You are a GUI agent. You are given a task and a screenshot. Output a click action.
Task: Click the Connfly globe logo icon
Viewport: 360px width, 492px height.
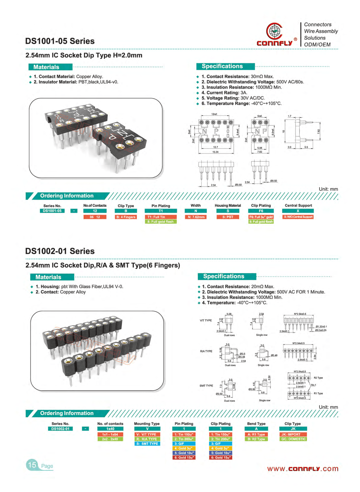point(274,31)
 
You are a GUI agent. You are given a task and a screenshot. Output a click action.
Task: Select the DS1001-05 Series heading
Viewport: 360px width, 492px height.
point(60,41)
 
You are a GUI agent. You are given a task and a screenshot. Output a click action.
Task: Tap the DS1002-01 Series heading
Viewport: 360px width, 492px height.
point(60,251)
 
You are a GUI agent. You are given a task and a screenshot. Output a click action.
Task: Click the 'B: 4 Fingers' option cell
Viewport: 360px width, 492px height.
point(126,217)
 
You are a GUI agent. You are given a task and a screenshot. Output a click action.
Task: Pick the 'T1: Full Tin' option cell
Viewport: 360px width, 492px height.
point(160,217)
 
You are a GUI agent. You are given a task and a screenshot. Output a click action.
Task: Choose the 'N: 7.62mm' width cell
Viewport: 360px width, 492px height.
point(196,217)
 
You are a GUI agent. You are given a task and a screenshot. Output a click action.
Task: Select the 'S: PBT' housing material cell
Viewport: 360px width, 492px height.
point(228,217)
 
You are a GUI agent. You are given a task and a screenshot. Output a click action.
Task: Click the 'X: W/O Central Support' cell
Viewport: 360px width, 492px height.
point(298,217)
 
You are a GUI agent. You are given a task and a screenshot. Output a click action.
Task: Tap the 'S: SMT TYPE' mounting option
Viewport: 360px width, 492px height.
point(147,443)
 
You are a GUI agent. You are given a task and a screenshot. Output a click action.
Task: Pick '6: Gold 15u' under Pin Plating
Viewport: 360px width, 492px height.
point(184,457)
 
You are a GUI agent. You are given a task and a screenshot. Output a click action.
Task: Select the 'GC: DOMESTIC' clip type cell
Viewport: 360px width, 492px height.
point(293,439)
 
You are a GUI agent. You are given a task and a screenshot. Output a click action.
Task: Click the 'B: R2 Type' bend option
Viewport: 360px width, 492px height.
point(256,439)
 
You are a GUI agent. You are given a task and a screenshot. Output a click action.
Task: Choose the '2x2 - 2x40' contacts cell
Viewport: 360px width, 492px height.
point(110,439)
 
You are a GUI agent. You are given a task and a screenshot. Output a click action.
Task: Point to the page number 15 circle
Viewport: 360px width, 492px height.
point(32,465)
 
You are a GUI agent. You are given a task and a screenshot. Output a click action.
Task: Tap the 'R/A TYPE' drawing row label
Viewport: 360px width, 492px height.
point(206,351)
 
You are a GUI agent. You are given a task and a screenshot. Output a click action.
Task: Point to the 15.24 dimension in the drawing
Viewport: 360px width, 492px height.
point(215,152)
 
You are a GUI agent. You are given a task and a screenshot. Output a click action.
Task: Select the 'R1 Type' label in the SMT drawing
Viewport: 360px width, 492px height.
point(318,393)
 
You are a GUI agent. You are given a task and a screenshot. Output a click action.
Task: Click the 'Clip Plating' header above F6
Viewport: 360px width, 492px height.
point(261,205)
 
